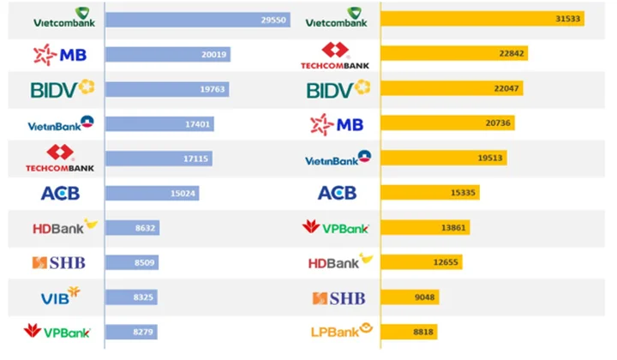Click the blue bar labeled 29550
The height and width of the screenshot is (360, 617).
pyautogui.click(x=198, y=20)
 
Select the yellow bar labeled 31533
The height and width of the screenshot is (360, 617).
pyautogui.click(x=482, y=19)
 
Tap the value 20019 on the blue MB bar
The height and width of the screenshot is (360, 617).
pyautogui.click(x=213, y=54)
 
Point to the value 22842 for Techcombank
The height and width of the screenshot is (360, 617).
pyautogui.click(x=512, y=53)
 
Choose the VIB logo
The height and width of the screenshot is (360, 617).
pyautogui.click(x=60, y=296)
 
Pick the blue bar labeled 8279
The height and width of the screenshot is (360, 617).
pyautogui.click(x=131, y=332)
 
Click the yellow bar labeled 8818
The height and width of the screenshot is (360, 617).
pyautogui.click(x=410, y=332)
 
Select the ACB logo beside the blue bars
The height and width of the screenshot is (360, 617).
pyautogui.click(x=60, y=193)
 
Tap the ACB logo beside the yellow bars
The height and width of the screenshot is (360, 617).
pyautogui.click(x=338, y=193)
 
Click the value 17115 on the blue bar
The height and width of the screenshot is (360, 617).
pyautogui.click(x=195, y=159)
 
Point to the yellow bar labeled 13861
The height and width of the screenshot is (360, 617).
pyautogui.click(x=425, y=227)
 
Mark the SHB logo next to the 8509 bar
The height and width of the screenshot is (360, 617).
pyautogui.click(x=58, y=262)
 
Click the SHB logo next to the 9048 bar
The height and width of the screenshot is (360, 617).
pyautogui.click(x=338, y=298)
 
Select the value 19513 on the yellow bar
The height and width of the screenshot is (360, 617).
pyautogui.click(x=490, y=158)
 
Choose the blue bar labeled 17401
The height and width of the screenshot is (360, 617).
pyautogui.click(x=159, y=124)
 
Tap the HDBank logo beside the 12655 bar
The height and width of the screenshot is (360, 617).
pyautogui.click(x=340, y=261)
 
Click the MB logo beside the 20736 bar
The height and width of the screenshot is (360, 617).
pyautogui.click(x=337, y=125)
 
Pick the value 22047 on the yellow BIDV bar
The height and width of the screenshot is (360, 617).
pyautogui.click(x=506, y=88)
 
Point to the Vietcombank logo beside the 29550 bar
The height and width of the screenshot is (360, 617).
pyautogui.click(x=64, y=17)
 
